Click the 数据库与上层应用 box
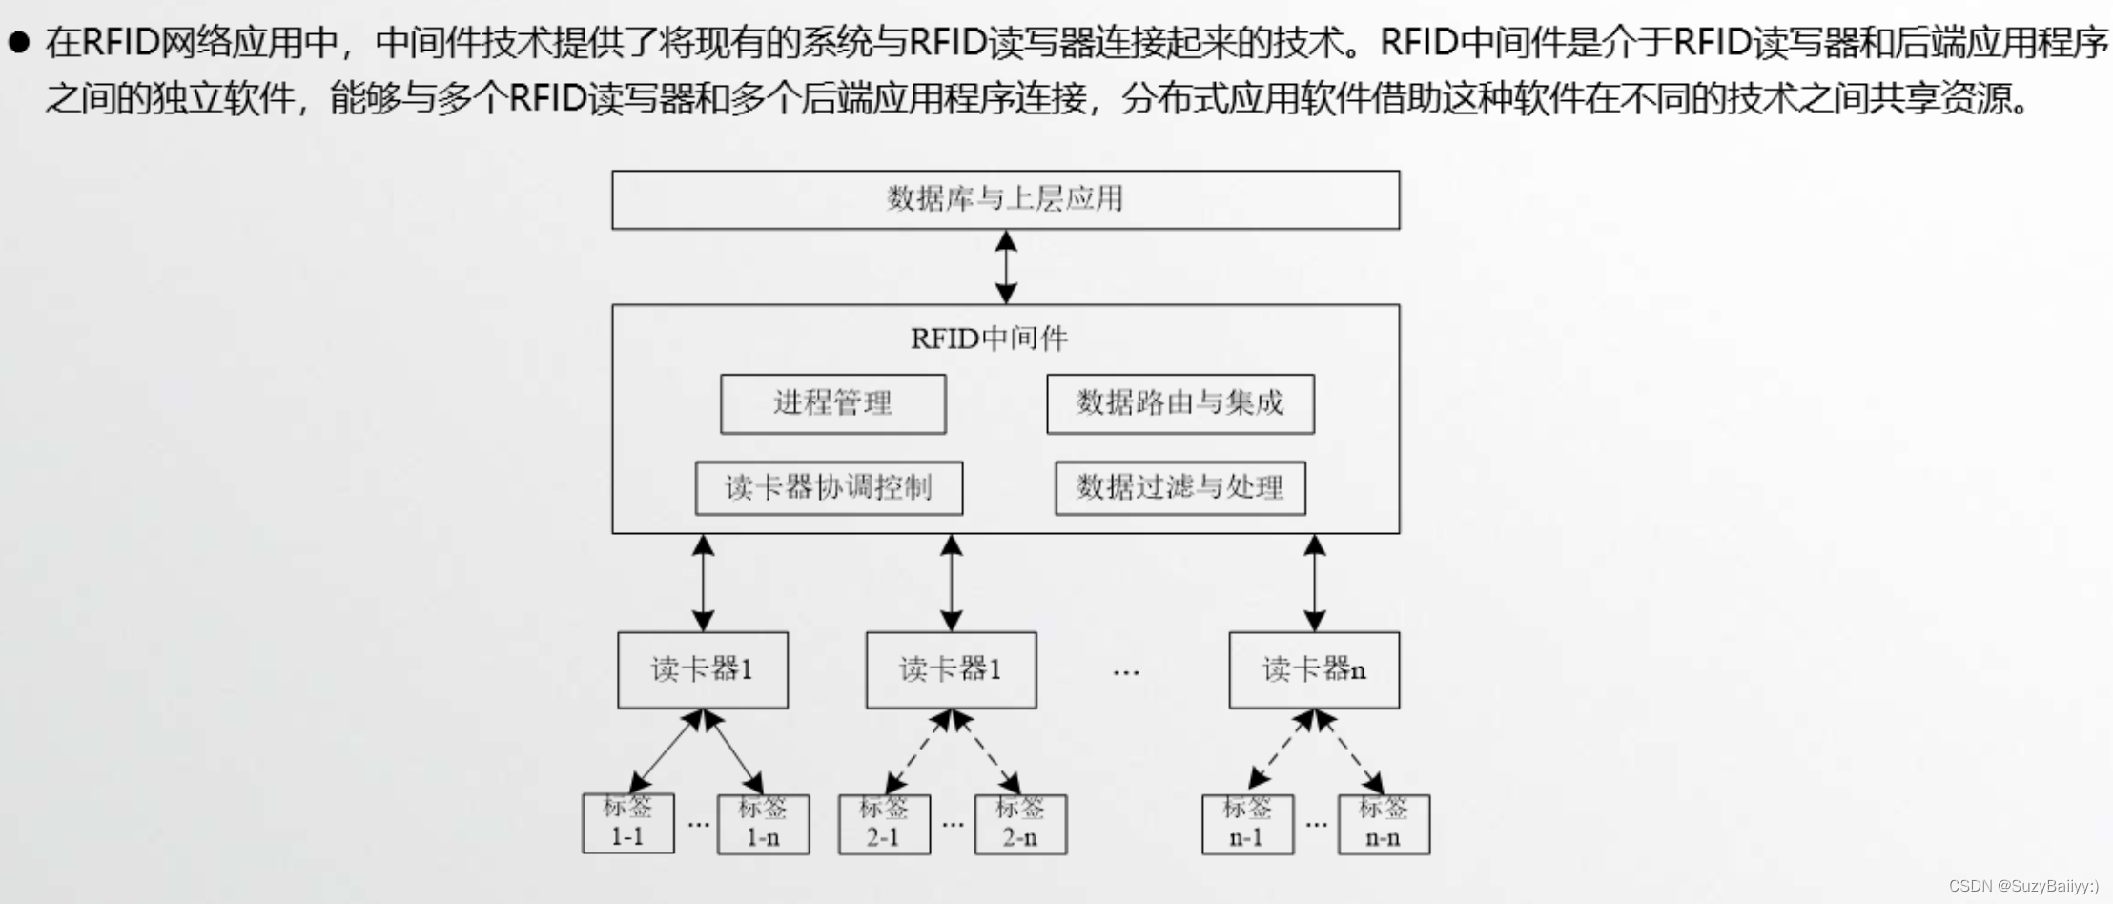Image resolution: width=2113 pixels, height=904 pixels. point(1005,199)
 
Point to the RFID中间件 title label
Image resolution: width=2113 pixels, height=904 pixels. point(989,339)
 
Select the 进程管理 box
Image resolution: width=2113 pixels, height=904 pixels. point(832,403)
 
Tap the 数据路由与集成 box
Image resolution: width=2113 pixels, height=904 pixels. point(1180,403)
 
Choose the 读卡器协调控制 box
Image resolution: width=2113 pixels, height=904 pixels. point(829,488)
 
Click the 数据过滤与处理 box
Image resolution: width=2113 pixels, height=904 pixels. point(1180,488)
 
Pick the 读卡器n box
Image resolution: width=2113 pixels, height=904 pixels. point(1314,669)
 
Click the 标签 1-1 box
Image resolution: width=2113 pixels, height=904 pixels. point(627,823)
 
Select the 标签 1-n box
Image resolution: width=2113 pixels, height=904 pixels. point(763,824)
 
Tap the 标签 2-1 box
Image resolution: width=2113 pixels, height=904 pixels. point(884,824)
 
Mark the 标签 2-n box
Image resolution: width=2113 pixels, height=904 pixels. point(1020,824)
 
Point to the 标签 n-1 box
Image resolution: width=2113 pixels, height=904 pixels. point(1247,824)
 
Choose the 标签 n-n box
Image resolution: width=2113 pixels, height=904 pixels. point(1384,824)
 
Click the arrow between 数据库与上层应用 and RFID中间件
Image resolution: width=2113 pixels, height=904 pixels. point(1005,267)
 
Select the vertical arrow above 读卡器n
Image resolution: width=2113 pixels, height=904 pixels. point(1314,582)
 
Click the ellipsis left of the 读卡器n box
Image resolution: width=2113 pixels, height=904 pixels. point(1126,673)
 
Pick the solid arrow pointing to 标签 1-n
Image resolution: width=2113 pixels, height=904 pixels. point(735,753)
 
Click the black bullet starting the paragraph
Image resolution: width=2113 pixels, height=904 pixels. point(18,42)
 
